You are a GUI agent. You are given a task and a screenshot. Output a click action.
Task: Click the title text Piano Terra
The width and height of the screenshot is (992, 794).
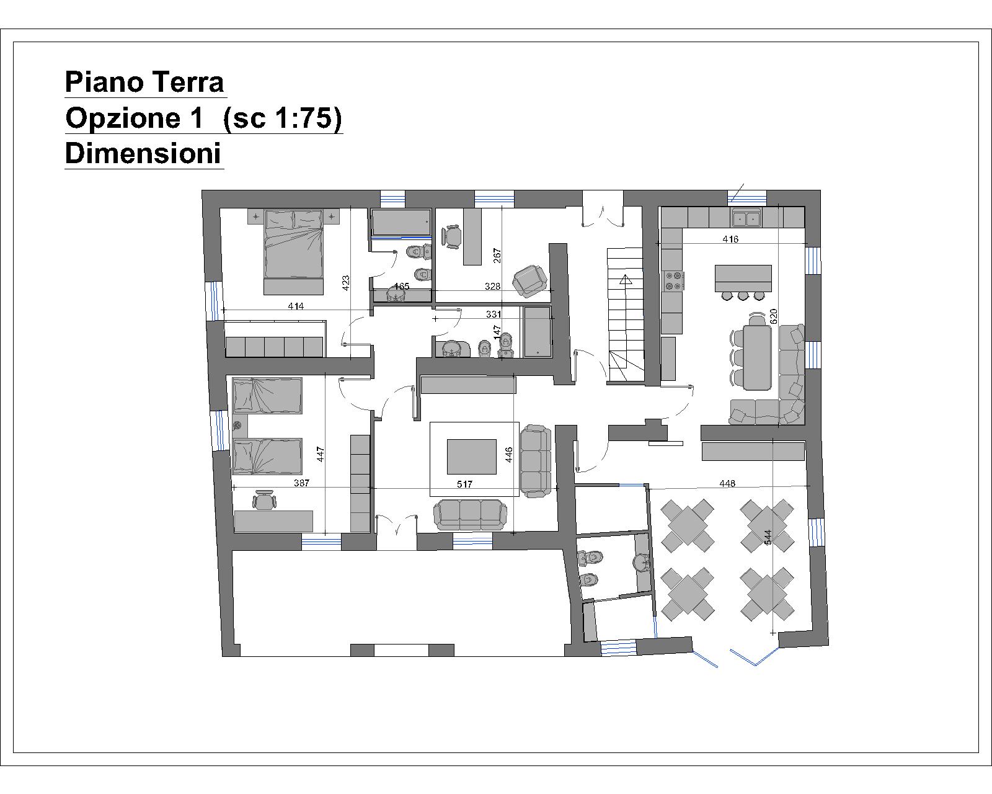144,82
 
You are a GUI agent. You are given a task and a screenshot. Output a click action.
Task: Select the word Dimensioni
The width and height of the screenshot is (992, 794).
143,153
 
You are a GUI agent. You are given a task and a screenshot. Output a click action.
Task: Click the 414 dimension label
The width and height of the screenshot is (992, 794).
296,306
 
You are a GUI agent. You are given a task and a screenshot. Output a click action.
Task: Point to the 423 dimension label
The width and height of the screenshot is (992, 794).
346,283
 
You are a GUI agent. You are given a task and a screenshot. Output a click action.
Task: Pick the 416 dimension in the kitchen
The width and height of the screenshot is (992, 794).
730,239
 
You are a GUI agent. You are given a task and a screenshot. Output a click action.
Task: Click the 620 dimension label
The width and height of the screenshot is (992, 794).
773,316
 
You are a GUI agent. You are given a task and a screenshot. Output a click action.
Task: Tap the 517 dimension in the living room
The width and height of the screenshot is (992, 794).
464,484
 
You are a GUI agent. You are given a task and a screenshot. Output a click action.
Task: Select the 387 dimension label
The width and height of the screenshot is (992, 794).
301,483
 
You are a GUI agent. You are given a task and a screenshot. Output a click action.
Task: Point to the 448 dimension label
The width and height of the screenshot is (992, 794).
727,484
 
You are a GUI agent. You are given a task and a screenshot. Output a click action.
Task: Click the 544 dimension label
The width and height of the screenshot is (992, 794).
768,537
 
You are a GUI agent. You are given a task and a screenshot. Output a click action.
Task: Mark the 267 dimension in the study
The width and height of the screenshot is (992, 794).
497,256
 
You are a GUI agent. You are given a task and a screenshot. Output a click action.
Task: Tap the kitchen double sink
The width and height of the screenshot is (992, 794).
746,218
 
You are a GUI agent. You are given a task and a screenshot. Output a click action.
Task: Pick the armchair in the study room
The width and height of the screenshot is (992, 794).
530,280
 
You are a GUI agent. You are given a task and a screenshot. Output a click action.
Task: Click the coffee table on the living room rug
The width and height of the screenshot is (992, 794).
471,457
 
